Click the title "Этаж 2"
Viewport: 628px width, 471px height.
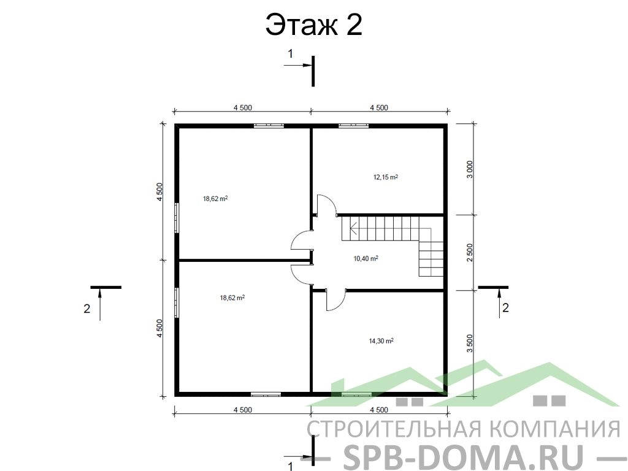tap(313, 25)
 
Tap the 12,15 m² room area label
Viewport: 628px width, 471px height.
tap(386, 177)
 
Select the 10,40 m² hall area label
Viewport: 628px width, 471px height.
tap(366, 258)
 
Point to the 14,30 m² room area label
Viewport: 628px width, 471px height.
tap(381, 341)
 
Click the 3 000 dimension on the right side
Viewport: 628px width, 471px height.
tap(470, 169)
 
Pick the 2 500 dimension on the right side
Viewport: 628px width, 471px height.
tap(470, 252)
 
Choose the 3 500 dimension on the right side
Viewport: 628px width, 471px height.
tap(470, 343)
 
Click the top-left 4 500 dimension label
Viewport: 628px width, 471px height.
tap(243, 107)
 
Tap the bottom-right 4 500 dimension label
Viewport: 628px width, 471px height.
tap(379, 410)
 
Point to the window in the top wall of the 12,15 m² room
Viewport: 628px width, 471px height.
tap(354, 126)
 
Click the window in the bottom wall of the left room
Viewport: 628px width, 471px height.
tap(266, 394)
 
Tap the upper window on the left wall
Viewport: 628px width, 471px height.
tap(177, 218)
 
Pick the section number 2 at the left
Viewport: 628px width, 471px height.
tap(87, 309)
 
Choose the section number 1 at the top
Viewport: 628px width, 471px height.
tap(291, 53)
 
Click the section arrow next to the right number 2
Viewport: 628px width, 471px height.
tap(499, 304)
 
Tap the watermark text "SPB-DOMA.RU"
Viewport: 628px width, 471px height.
tap(464, 457)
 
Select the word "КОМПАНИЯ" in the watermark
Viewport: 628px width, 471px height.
tap(555, 429)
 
